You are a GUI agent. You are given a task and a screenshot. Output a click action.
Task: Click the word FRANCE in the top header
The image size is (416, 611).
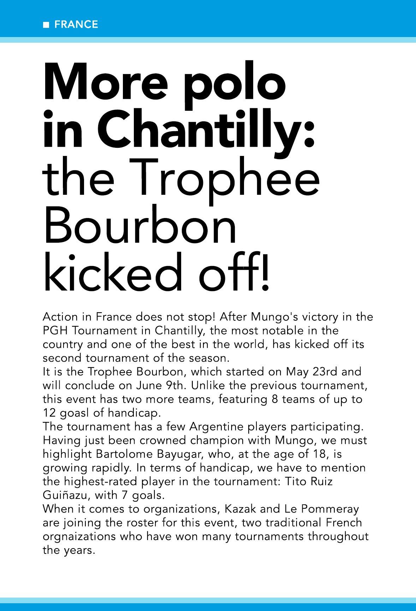coord(76,24)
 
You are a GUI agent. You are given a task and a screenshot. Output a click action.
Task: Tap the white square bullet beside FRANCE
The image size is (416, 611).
coord(46,25)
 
